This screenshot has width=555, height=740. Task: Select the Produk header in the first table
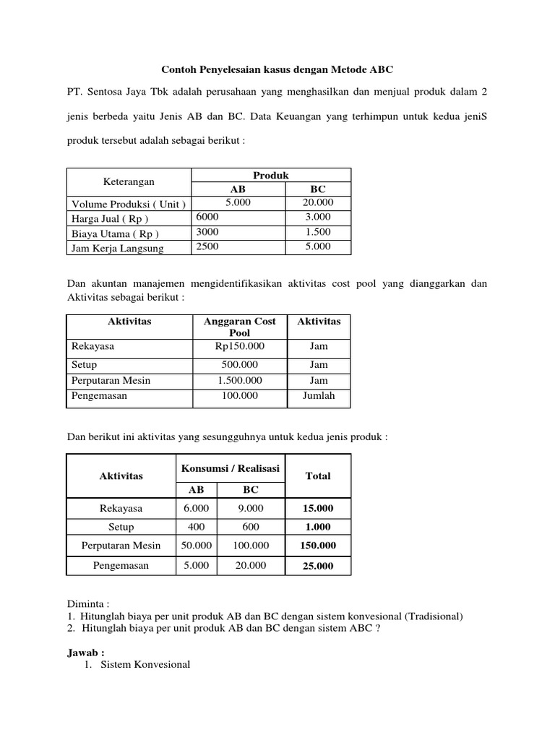point(271,176)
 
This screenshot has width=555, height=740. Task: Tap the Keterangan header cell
point(129,182)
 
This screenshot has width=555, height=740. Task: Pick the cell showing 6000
point(207,217)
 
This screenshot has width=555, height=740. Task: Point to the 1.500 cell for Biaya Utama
point(318,232)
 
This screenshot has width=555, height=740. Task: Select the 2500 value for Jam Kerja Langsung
point(207,247)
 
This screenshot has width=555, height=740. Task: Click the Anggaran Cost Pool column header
point(238,327)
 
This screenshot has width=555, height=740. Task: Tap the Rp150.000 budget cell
point(238,346)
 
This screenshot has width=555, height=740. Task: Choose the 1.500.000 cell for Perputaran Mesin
point(238,380)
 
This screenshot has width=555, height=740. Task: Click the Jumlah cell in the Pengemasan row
point(318,396)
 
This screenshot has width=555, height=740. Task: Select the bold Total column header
point(318,476)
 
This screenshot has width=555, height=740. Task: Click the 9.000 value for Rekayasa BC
point(250,508)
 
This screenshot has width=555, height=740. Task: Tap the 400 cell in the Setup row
point(195,527)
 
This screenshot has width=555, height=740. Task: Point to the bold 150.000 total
point(318,546)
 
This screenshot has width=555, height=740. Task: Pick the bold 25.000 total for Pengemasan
point(318,566)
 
